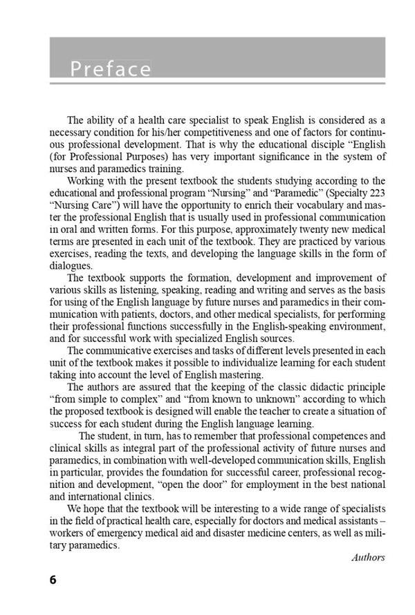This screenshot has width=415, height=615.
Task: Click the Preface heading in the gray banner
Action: (111, 69)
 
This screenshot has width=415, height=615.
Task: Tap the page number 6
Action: (53, 579)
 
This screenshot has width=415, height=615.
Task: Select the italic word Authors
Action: (367, 557)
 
